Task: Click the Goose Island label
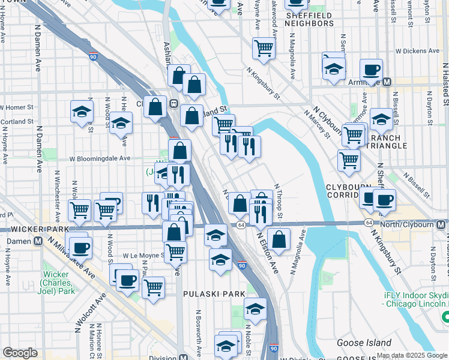tap(348, 343)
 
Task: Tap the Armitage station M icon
tap(387, 82)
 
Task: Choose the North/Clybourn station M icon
tap(441, 224)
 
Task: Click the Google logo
tap(20, 353)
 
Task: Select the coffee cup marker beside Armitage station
tap(371, 69)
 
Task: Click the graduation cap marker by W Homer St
tap(82, 111)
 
